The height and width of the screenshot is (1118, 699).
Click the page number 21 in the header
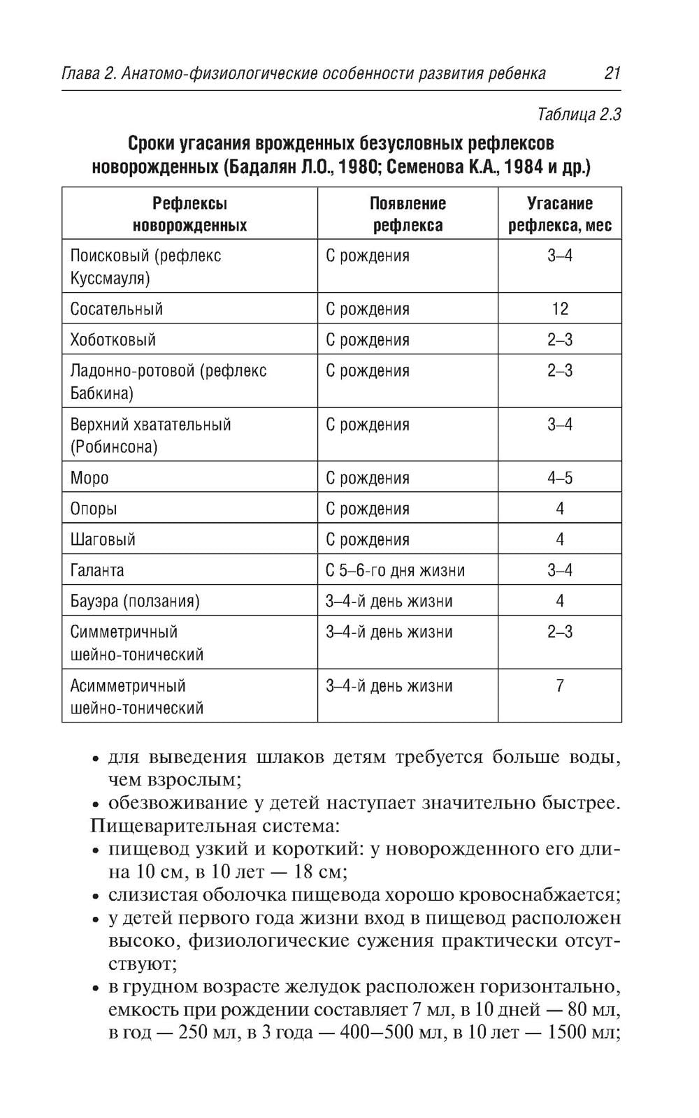[x=612, y=73]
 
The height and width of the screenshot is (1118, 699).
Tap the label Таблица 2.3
[x=579, y=115]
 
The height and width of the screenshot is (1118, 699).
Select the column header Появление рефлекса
[x=408, y=215]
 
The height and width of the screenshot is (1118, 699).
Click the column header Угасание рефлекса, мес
[x=559, y=215]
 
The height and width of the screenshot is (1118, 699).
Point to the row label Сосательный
[x=116, y=309]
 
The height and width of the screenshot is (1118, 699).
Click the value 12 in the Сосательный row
[x=559, y=309]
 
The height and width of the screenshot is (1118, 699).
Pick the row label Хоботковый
[x=113, y=340]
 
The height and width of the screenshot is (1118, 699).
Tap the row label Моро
[x=89, y=479]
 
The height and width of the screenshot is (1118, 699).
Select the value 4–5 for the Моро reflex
[x=559, y=479]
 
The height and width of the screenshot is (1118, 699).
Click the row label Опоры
[x=94, y=509]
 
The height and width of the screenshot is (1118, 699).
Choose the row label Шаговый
[x=103, y=540]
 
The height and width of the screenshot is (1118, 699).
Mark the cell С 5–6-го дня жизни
[x=395, y=571]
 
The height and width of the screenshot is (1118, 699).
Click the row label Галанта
[x=97, y=571]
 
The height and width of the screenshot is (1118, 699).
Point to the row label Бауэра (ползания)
[x=134, y=602]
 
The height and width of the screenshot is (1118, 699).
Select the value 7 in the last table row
[x=559, y=686]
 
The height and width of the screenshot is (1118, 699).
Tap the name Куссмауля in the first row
[x=110, y=279]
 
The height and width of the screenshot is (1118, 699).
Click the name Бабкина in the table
[x=101, y=393]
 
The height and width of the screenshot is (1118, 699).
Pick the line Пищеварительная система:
[x=215, y=826]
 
